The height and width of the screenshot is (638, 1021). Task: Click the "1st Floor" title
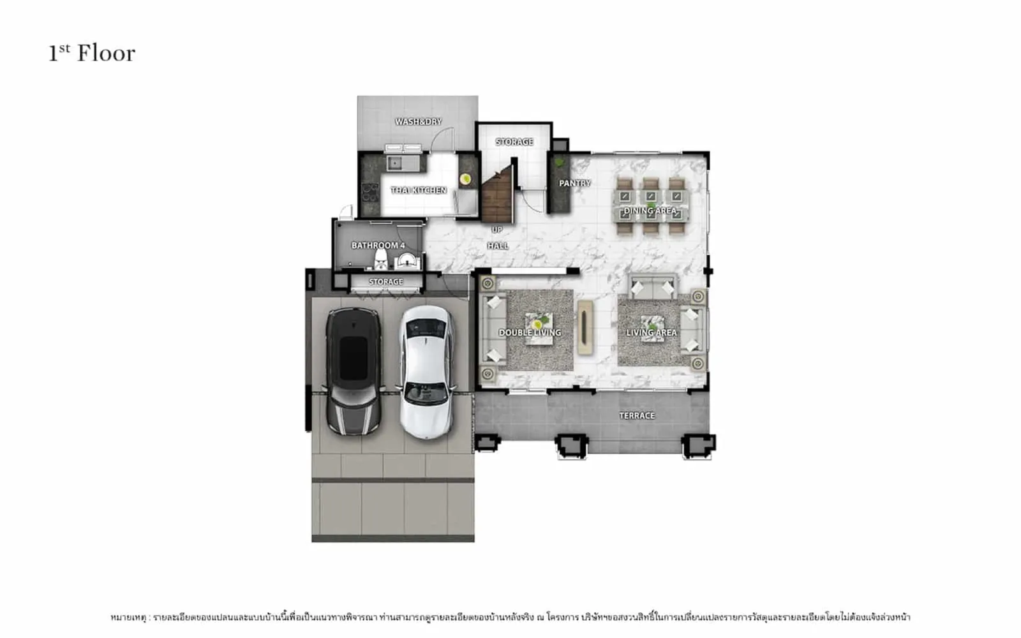[x=92, y=53]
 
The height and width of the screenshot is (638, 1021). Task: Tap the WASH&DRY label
[x=419, y=122]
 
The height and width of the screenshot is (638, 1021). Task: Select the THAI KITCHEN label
[x=419, y=190]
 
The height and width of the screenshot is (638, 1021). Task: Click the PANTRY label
[x=575, y=183]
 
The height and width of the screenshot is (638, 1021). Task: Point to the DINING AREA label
[x=650, y=211]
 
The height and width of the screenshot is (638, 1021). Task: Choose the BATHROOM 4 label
[x=378, y=246]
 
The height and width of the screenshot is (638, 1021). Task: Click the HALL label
[x=498, y=246]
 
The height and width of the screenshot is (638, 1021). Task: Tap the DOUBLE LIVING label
[x=530, y=332]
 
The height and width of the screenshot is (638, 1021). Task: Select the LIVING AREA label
[x=652, y=332]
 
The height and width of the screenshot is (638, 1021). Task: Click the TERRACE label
[x=637, y=415]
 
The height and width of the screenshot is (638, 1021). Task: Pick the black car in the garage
[x=354, y=371]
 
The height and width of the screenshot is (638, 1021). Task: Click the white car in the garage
[x=426, y=373]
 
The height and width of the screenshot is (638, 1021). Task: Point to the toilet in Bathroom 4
[x=380, y=260]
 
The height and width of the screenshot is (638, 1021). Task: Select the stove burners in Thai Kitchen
[x=370, y=192]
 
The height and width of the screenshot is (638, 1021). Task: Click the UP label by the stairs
[x=497, y=230]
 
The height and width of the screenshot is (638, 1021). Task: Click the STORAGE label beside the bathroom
[x=385, y=281]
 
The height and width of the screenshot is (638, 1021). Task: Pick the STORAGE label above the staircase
[x=514, y=142]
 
